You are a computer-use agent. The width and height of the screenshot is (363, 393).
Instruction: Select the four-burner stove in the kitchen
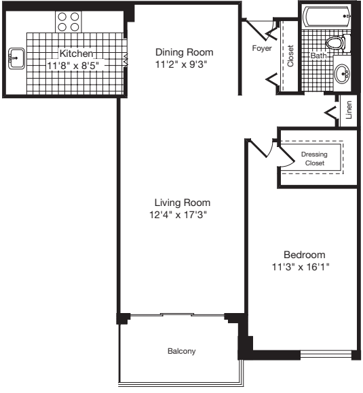tap(66, 22)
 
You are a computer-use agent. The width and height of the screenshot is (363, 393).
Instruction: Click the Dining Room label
tap(184, 52)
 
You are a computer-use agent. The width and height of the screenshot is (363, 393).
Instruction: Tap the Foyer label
tap(262, 49)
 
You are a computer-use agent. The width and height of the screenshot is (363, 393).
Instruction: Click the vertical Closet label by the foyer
tap(290, 57)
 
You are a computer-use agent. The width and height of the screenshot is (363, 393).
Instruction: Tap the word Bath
tap(318, 56)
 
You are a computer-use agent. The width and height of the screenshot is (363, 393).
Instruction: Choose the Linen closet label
tap(349, 110)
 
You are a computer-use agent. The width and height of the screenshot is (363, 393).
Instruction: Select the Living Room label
tap(182, 203)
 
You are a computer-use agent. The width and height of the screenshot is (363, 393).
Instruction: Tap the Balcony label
tap(181, 351)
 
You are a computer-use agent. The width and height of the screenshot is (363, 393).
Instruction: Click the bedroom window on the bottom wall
tap(326, 353)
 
